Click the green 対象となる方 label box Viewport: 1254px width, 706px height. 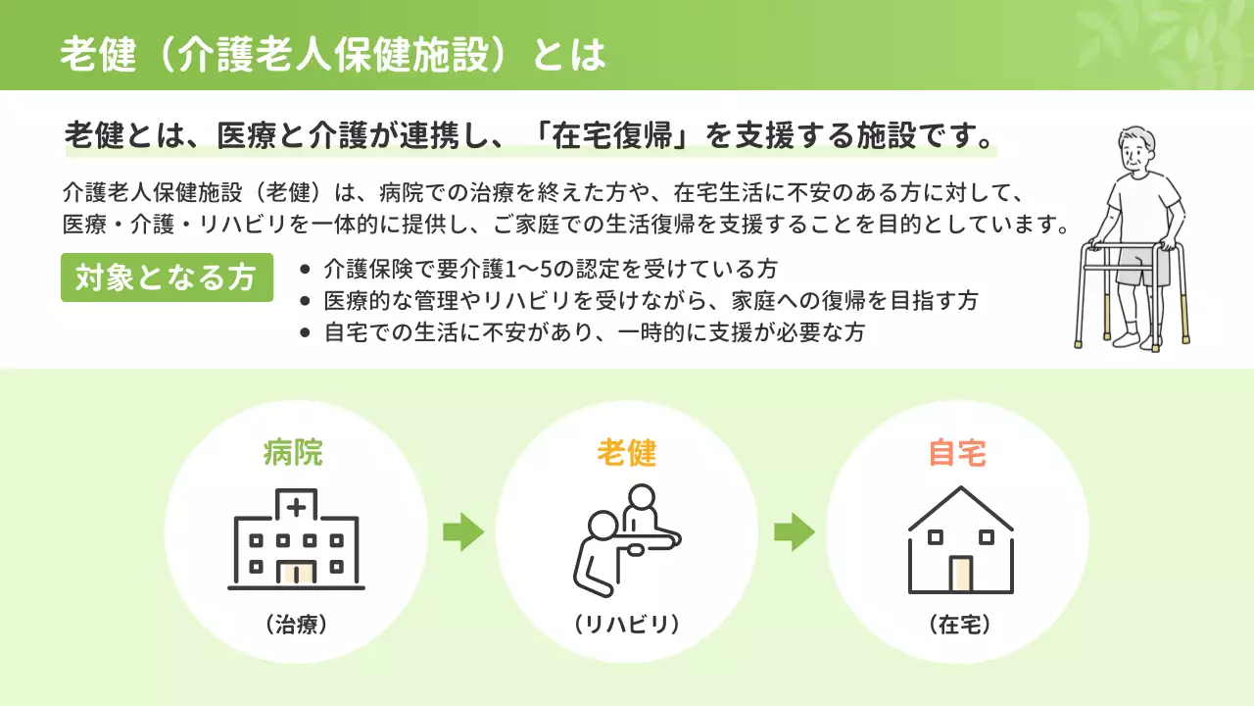pos(167,278)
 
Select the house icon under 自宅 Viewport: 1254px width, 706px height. pos(960,543)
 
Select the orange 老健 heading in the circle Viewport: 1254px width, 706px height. pos(627,453)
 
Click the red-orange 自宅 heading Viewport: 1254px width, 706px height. pos(957,453)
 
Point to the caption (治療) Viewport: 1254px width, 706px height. pos(295,625)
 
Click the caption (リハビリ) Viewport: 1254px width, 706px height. pos(627,625)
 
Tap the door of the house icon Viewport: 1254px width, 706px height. pos(960,574)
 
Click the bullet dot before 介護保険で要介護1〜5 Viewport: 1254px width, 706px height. pos(307,269)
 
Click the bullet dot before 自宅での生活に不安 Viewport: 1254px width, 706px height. pos(307,332)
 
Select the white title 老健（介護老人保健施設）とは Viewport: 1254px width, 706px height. pos(333,55)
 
